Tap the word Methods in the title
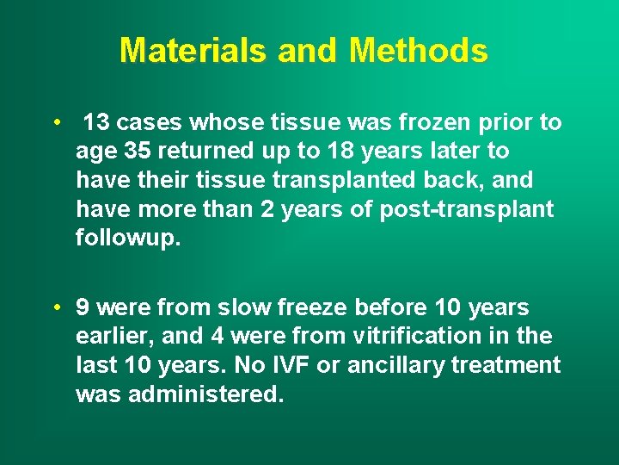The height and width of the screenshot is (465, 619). click(419, 51)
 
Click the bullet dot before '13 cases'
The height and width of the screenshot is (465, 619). click(55, 122)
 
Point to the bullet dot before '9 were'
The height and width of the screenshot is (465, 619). click(55, 307)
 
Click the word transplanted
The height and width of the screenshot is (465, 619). click(335, 181)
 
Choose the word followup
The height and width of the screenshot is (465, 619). click(128, 239)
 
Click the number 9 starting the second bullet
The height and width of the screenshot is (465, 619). click(83, 307)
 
